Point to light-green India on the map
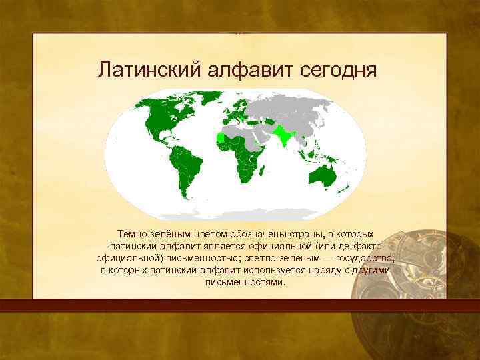click(285, 135)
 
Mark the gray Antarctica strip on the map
click(240, 215)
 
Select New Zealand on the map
click(348, 190)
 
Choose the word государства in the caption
click(363, 258)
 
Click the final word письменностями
click(245, 281)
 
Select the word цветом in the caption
click(200, 235)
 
